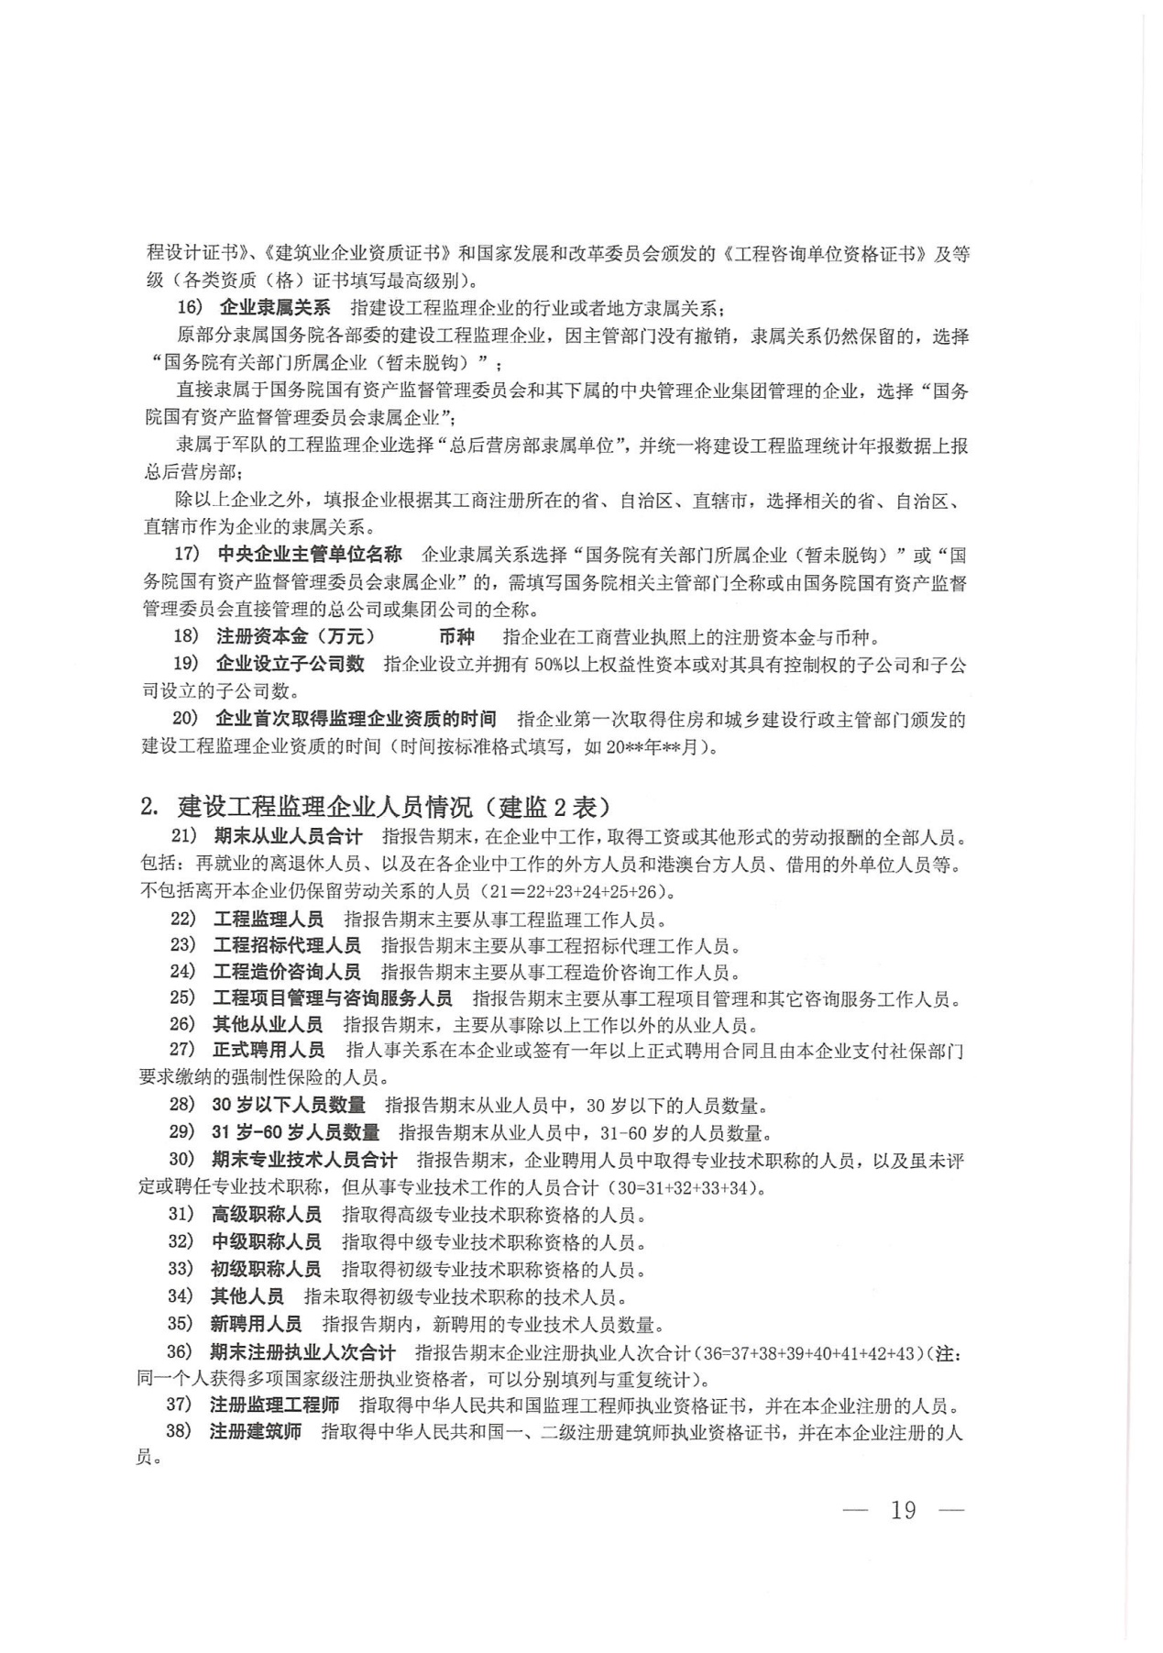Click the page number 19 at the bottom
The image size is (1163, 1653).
(903, 1510)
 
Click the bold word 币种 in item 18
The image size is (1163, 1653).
(456, 637)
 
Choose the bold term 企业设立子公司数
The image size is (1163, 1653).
(291, 664)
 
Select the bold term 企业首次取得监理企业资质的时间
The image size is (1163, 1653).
(357, 719)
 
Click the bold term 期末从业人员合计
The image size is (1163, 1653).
(289, 836)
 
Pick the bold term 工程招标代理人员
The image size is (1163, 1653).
(287, 945)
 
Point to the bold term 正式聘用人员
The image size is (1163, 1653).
(269, 1050)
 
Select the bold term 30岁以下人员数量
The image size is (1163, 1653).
(289, 1105)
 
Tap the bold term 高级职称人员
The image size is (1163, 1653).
(267, 1215)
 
